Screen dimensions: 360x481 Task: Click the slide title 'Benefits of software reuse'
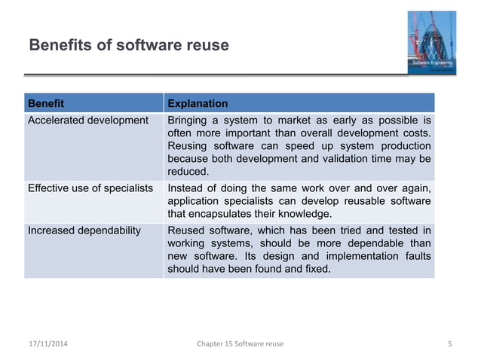(128, 46)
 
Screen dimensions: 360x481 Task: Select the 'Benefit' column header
(46, 103)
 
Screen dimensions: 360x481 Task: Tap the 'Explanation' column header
(198, 103)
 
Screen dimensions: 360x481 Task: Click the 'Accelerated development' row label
(88, 121)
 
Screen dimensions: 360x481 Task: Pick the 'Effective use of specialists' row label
(90, 188)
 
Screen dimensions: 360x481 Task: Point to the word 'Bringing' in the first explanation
(188, 121)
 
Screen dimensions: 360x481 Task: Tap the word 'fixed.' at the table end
(315, 270)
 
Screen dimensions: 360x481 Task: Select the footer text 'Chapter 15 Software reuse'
(240, 345)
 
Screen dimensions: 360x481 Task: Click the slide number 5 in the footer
(449, 345)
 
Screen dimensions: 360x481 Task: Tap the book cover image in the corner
(427, 42)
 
